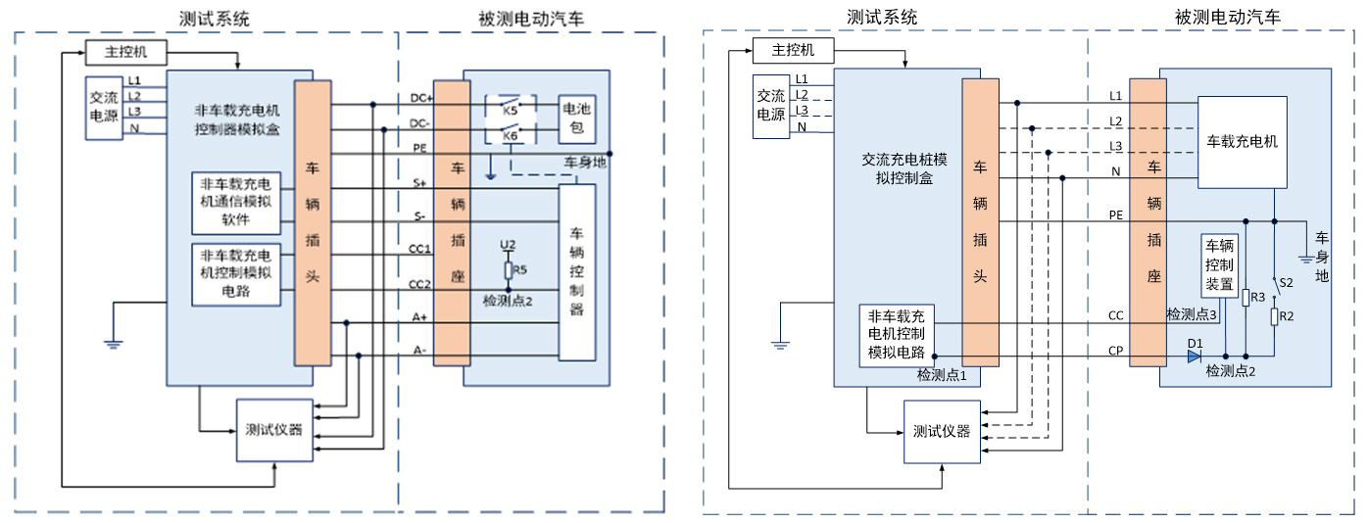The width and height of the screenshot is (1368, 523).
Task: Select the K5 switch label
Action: pyautogui.click(x=510, y=110)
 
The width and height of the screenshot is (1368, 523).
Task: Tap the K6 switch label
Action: pyautogui.click(x=510, y=136)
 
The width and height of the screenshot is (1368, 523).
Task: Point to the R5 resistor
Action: pyautogui.click(x=509, y=268)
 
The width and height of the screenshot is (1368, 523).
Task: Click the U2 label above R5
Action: pyautogui.click(x=507, y=244)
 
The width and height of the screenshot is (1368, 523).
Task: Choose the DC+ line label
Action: pyautogui.click(x=420, y=97)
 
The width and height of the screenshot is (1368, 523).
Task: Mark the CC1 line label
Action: pyautogui.click(x=419, y=249)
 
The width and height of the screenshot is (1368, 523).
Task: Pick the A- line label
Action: pyautogui.click(x=419, y=350)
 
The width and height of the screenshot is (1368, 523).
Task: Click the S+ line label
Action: pyautogui.click(x=419, y=182)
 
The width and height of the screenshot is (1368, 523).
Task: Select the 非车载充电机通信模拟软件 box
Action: pyautogui.click(x=236, y=203)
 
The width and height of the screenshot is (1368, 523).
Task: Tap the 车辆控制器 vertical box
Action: pyautogui.click(x=577, y=271)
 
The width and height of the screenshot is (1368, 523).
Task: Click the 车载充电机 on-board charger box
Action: pyautogui.click(x=1243, y=142)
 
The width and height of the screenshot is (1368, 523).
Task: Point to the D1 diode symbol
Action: pyautogui.click(x=1194, y=356)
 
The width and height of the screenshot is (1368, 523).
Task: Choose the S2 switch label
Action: pyautogui.click(x=1288, y=282)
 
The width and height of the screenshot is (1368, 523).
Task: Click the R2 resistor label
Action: pyautogui.click(x=1288, y=316)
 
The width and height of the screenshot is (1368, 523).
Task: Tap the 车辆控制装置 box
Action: pyautogui.click(x=1220, y=264)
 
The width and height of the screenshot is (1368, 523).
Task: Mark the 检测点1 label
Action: pyautogui.click(x=942, y=375)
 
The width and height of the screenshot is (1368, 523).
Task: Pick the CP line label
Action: pyautogui.click(x=1115, y=350)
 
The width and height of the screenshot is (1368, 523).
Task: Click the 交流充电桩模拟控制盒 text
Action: pyautogui.click(x=897, y=170)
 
